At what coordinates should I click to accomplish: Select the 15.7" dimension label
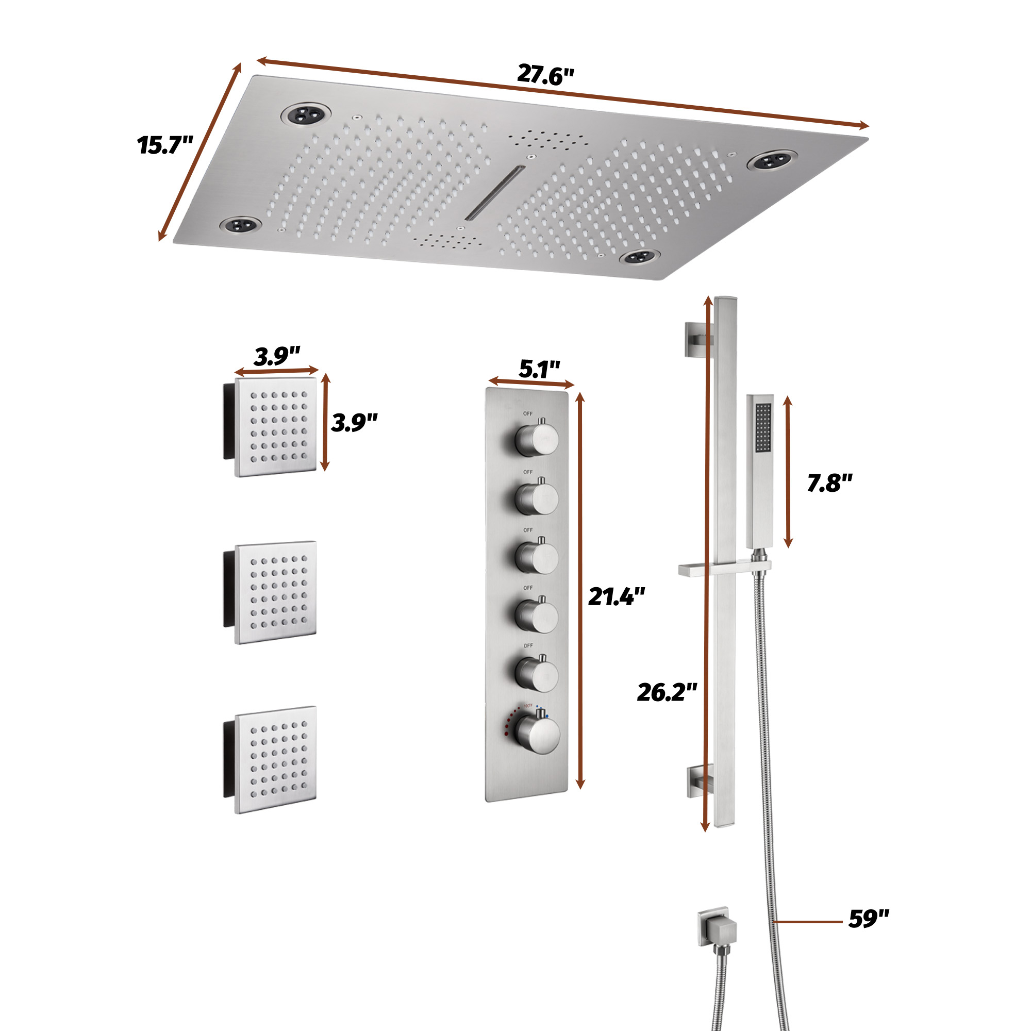(x=164, y=145)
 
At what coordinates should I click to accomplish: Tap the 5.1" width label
(x=539, y=369)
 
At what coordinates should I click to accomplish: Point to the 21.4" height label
(x=617, y=596)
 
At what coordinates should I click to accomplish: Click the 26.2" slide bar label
(x=667, y=693)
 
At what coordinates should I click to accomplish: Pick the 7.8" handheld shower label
(x=829, y=483)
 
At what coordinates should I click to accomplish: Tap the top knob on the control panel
(x=536, y=440)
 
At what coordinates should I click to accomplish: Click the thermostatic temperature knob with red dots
(x=537, y=734)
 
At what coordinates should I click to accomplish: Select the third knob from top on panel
(x=536, y=557)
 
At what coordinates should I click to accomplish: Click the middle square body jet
(x=275, y=592)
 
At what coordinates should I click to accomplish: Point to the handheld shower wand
(x=759, y=470)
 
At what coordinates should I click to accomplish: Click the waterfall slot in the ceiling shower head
(x=495, y=193)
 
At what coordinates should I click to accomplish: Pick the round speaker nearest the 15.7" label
(x=241, y=225)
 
